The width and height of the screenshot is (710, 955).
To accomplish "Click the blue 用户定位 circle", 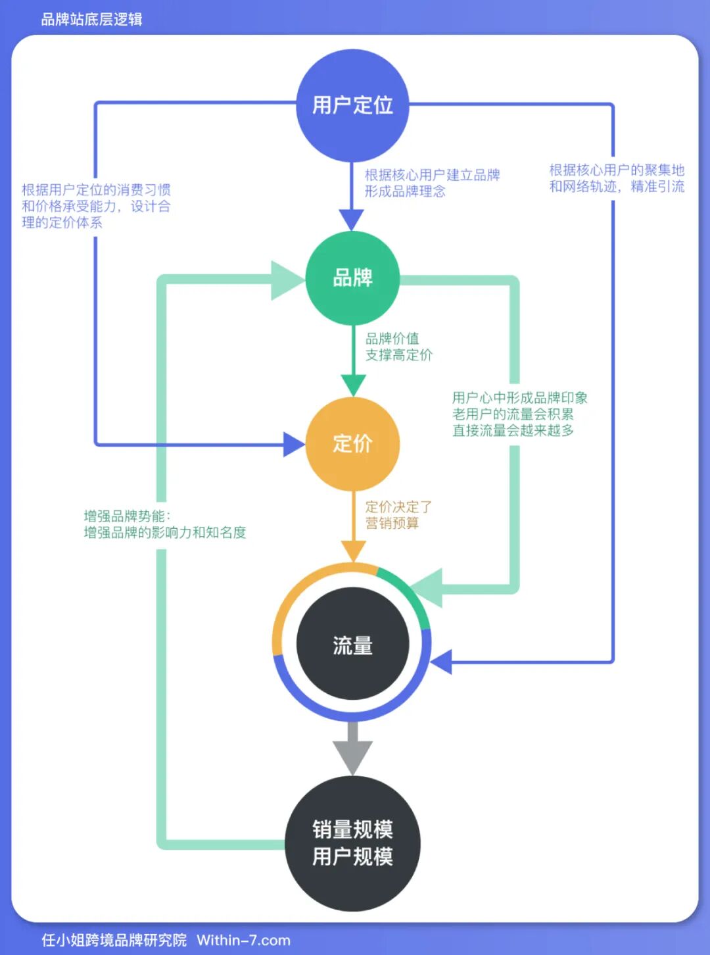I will point(352,105).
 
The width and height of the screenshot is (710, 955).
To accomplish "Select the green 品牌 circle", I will point(352,278).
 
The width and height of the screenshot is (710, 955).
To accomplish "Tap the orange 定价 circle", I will point(352,444).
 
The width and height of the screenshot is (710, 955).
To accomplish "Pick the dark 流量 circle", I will point(352,645).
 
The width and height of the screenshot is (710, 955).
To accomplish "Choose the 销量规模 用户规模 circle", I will point(352,843).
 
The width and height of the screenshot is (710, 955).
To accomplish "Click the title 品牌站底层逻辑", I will point(91,19).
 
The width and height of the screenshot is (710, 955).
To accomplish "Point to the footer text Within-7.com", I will point(243,941).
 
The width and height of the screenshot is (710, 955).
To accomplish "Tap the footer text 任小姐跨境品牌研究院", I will point(114,941).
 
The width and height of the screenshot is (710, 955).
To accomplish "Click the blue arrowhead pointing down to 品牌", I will point(352,219).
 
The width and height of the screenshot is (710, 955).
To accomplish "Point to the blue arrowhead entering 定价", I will point(293,445).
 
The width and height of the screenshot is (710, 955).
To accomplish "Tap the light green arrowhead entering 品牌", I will point(287,280).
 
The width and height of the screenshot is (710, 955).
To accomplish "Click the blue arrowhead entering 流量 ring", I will point(442,662).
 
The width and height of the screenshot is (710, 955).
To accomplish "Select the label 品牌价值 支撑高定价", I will point(398,347).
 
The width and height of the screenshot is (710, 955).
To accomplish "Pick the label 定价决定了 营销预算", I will point(398,515).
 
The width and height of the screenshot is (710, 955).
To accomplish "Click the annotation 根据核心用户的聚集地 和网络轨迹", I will point(617,178).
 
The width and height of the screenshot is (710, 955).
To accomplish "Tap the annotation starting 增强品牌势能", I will point(164,524).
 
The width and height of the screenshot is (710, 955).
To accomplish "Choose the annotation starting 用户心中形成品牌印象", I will point(519,414).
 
